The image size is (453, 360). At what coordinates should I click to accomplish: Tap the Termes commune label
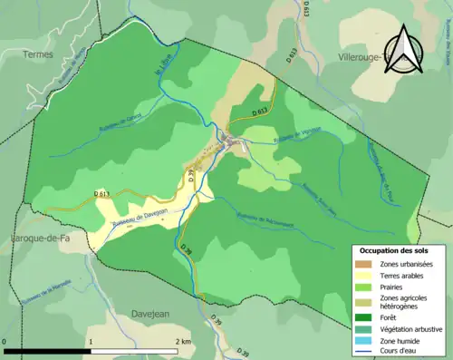point(39,54)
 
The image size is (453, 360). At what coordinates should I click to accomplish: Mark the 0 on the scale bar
point(6,342)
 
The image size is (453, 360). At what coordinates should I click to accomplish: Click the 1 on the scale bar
point(91,342)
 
